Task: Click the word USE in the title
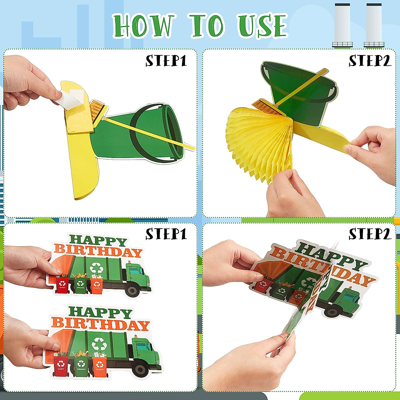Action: pos(262,26)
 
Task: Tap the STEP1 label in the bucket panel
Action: pos(166,61)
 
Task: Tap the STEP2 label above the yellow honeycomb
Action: pos(369,61)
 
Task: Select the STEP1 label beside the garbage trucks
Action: pos(166,234)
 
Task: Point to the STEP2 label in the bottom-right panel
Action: pos(369,234)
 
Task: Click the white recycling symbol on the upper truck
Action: pos(96,268)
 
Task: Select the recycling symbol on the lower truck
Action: pos(99,343)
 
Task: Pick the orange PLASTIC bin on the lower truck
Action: pos(100,366)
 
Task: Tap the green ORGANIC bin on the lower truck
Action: pos(81,366)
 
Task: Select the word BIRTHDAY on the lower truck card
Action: pos(100,323)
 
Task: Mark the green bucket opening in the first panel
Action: pos(173,132)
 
